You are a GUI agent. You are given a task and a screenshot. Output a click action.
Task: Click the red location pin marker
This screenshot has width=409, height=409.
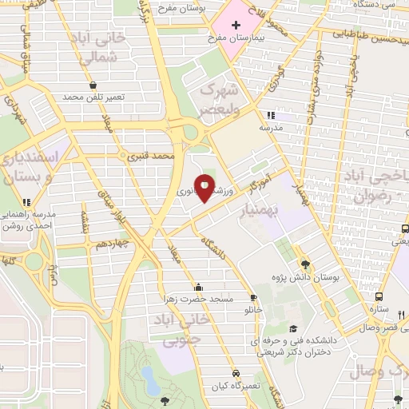click(x=205, y=187)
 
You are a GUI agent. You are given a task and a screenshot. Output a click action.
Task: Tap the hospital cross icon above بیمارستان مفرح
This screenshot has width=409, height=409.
click(x=236, y=26)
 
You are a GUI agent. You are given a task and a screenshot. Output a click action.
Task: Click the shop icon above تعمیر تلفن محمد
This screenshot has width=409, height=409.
click(x=93, y=85)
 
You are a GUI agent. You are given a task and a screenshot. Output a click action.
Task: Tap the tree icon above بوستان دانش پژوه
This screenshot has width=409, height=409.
click(x=305, y=264)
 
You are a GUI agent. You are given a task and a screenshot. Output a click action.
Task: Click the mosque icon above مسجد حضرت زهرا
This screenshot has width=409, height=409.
click(x=198, y=287)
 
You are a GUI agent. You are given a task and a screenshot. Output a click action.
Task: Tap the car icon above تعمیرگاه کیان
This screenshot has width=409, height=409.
click(x=236, y=373)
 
